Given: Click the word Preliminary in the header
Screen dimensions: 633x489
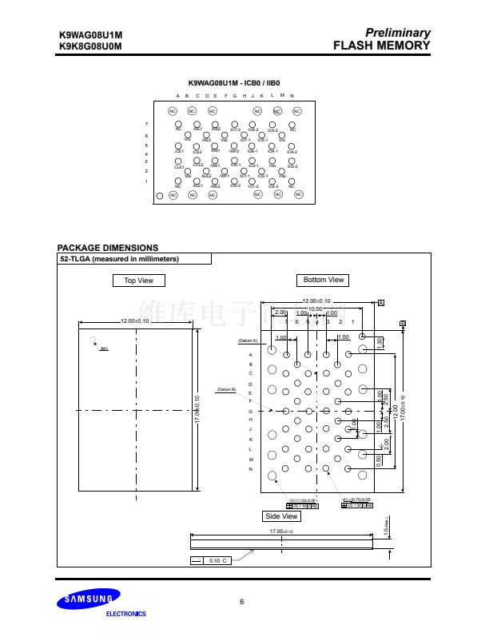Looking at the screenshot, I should [397, 33].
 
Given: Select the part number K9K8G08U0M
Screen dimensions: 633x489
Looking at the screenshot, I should [90, 46].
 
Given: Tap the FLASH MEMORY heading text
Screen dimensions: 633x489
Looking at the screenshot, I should [382, 46].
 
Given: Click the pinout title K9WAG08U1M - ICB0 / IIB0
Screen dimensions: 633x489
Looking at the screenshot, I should [234, 83].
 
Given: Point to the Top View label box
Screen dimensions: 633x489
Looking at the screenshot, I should [138, 281].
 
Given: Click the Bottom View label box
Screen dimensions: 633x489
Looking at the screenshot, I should [324, 280].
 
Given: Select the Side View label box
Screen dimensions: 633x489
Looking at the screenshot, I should [281, 516].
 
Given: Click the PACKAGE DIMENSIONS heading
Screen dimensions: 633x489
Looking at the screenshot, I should [108, 248].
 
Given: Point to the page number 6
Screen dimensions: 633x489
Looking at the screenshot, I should [242, 601].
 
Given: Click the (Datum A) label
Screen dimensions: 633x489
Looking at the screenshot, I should [248, 340].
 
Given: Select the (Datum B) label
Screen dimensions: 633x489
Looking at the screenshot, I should [226, 389].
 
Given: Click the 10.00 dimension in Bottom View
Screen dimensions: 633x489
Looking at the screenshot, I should [316, 309].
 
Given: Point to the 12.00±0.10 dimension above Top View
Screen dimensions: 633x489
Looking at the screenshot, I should [135, 320].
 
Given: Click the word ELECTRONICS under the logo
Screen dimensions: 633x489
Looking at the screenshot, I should [126, 614].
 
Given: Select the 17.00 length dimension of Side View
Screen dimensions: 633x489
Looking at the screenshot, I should [280, 531].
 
